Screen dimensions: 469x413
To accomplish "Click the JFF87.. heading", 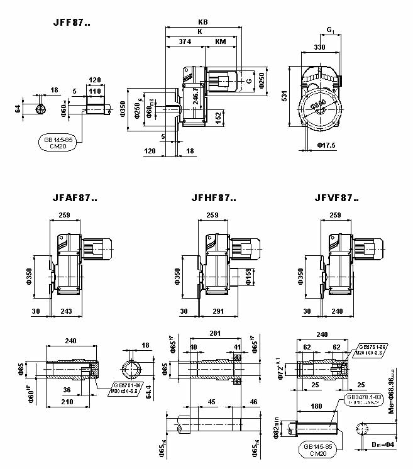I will click(72, 23).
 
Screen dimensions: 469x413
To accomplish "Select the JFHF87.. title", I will click(213, 198).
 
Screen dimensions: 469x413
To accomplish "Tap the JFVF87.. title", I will click(336, 198).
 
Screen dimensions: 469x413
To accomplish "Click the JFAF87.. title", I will click(75, 198).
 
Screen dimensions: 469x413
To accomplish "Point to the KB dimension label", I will click(202, 22).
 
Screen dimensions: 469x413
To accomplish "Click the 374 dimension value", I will click(185, 41).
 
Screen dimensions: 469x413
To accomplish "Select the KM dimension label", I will click(221, 41).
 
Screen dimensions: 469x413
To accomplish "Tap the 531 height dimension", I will click(284, 96).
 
